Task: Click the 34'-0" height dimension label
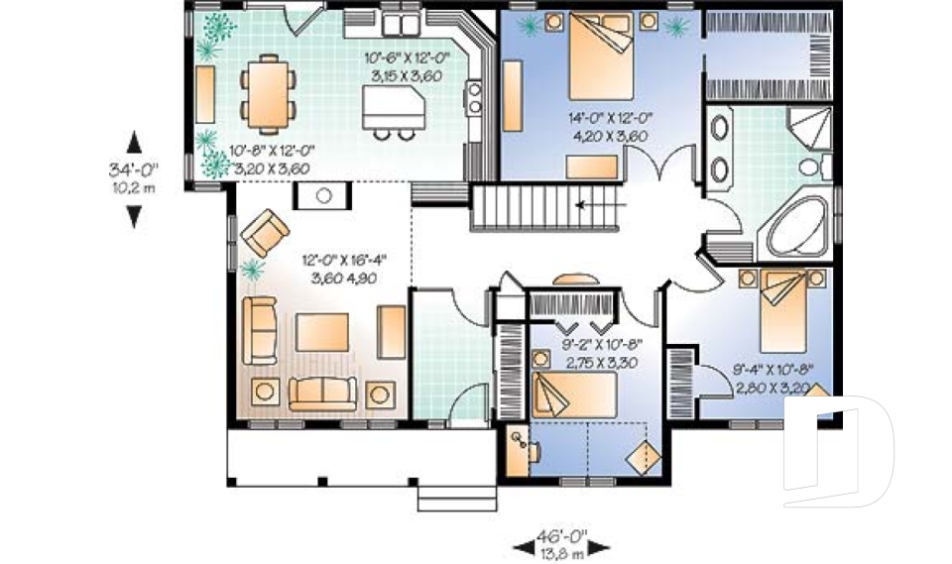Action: [x=134, y=169]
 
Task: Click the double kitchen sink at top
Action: [x=399, y=24]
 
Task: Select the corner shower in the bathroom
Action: [x=811, y=128]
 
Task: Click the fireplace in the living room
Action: [x=321, y=195]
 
